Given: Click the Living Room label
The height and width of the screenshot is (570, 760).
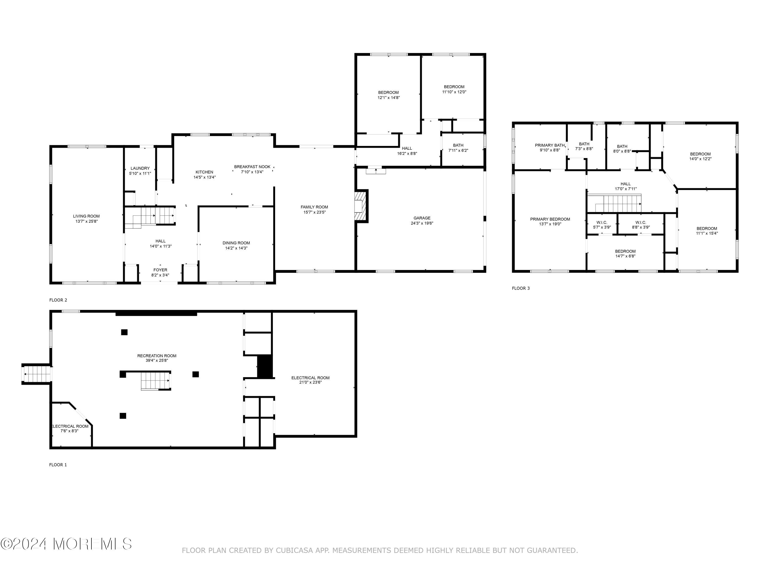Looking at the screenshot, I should point(86,216).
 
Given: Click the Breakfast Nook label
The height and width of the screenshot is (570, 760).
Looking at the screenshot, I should point(252,167).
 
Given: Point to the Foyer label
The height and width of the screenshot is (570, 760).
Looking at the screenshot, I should point(160,270).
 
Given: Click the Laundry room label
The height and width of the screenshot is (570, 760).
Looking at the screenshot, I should point(140,168).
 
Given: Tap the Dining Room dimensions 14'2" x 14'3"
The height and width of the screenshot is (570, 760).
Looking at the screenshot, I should point(236,248).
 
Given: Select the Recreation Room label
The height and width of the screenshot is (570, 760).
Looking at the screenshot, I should point(157,356).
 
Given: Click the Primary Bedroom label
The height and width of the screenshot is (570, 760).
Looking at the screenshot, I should point(550,219).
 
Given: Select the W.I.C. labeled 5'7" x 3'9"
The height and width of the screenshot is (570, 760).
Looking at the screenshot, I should point(602,225).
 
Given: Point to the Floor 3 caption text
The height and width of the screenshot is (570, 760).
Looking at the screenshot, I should point(521,288).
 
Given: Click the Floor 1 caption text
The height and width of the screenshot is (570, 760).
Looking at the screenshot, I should point(58,465).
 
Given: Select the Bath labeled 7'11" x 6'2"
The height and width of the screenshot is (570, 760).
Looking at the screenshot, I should point(458,148).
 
